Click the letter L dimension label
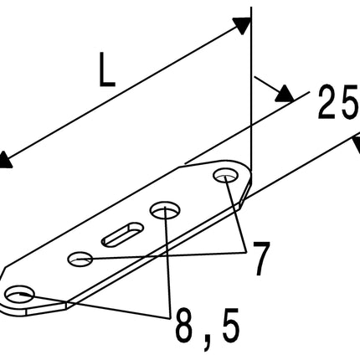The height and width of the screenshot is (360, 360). [107, 69]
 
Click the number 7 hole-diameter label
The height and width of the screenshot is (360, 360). [261, 259]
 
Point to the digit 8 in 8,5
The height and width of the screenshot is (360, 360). [185, 326]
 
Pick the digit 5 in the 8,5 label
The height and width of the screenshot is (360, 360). [231, 326]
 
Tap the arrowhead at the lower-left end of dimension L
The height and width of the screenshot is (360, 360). [6, 160]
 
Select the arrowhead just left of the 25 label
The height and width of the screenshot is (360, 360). [285, 94]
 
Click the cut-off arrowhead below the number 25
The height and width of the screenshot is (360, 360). [356, 145]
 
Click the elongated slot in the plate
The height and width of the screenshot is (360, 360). [122, 234]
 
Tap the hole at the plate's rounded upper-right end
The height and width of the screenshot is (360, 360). [226, 175]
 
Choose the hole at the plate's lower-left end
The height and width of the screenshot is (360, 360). [20, 294]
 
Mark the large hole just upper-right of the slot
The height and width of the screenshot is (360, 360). [165, 209]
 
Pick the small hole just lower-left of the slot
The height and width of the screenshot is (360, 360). [80, 259]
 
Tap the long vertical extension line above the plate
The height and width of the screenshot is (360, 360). [251, 90]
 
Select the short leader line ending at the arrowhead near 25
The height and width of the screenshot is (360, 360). [267, 85]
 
